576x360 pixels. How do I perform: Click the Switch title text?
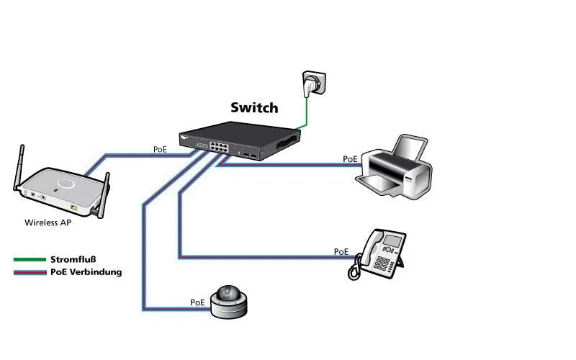coord(253,108)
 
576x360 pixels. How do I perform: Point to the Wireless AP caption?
coord(48,222)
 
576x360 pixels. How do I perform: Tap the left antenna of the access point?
coord(19,167)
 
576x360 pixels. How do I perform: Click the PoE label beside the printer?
coord(350,159)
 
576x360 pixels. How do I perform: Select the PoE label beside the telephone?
coord(341,252)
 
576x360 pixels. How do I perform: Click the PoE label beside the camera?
coord(197,302)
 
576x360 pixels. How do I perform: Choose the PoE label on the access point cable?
coord(160,150)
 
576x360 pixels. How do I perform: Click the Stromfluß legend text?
coord(73,259)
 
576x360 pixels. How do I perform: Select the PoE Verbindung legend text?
coord(86,272)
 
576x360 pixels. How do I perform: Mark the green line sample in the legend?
coord(30,259)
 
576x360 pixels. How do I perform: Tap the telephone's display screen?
coord(394,240)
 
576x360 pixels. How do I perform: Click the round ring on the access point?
coord(66,183)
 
